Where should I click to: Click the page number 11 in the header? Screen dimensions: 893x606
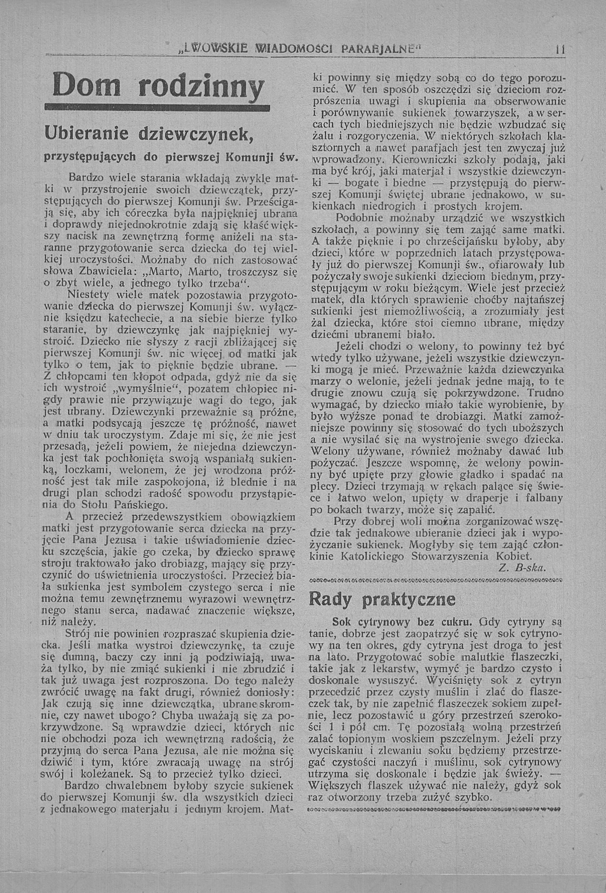pos(560,50)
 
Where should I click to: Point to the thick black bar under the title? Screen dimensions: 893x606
pos(157,108)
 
